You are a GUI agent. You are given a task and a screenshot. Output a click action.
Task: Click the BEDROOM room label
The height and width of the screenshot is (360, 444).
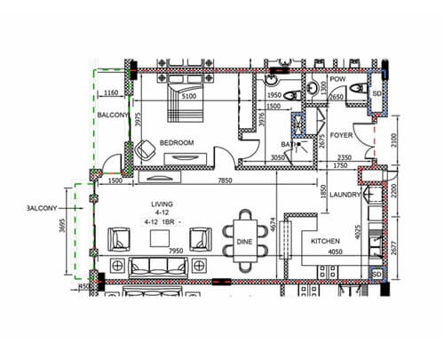click(x=177, y=142)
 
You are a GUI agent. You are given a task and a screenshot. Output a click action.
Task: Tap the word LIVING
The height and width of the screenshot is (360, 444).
click(x=162, y=204)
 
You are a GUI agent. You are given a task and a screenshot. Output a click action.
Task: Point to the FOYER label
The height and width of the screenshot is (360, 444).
click(x=343, y=136)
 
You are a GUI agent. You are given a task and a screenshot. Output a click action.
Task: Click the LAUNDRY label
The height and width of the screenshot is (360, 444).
click(x=344, y=195)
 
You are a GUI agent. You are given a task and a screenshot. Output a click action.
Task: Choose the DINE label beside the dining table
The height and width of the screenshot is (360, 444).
click(x=245, y=241)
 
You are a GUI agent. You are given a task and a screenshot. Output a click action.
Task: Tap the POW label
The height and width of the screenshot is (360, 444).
click(x=337, y=78)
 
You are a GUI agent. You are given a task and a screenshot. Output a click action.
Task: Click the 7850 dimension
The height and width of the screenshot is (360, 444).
click(x=209, y=180)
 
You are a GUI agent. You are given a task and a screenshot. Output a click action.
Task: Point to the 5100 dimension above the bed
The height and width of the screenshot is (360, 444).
click(x=187, y=95)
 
